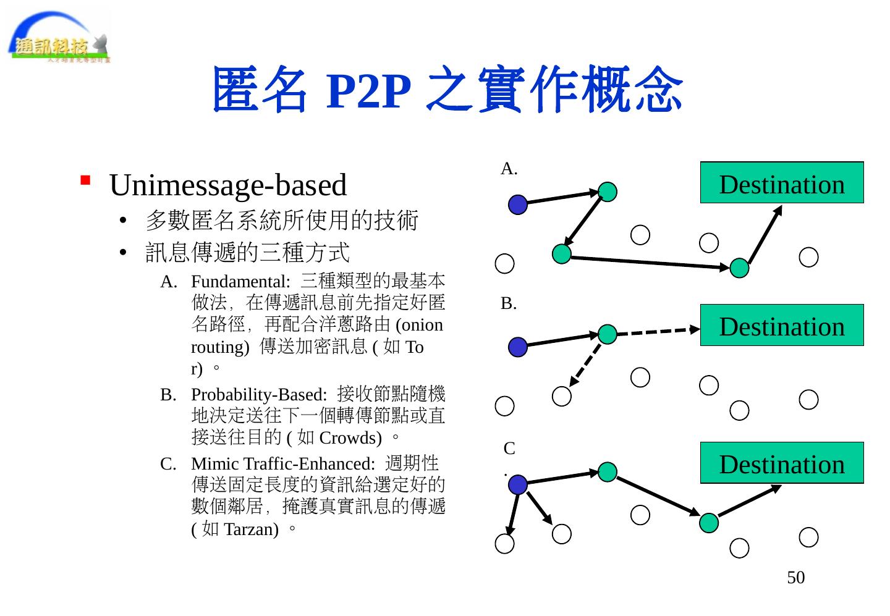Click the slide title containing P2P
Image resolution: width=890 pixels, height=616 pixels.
coord(447,90)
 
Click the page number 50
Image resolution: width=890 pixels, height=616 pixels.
coord(795,578)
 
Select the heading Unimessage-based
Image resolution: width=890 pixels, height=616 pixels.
coord(227,185)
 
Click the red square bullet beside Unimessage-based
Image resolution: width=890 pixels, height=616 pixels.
coord(86,180)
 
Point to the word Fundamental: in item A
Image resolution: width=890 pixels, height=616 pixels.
coord(240,282)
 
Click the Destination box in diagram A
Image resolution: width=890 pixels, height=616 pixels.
coord(781,183)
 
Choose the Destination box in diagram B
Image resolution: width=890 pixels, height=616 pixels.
coord(781,325)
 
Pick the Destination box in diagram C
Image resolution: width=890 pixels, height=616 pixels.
coord(781,463)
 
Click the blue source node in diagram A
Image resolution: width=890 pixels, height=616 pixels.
coord(518,205)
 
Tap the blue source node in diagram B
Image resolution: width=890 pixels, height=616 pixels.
coord(518,347)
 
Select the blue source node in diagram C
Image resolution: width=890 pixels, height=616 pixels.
coord(518,485)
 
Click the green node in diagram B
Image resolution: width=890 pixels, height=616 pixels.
coord(608,334)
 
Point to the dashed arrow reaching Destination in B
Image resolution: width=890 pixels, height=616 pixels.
coord(655,331)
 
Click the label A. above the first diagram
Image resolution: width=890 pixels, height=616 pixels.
coord(509,169)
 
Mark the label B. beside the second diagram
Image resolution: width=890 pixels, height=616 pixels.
coord(509,303)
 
